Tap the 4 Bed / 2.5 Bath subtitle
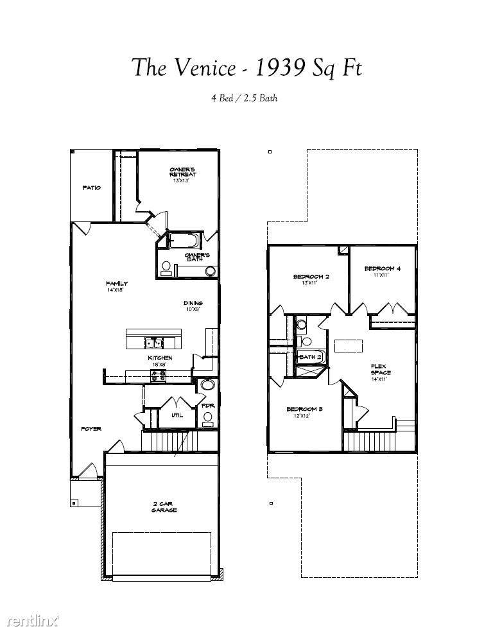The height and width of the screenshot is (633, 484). click(244, 98)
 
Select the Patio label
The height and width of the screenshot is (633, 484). click(91, 187)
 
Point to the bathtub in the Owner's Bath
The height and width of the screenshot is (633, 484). click(185, 241)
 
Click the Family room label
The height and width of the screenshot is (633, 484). click(116, 286)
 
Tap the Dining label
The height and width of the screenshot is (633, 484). click(193, 306)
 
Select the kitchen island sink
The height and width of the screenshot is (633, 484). click(154, 342)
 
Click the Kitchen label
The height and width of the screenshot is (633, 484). click(160, 360)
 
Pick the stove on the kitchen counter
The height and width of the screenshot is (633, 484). click(159, 376)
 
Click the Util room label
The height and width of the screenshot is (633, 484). click(177, 415)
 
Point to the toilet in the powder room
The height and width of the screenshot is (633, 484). click(207, 418)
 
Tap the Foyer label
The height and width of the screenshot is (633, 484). click(91, 429)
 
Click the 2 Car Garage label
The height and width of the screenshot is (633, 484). click(164, 507)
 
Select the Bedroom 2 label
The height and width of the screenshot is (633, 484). click(311, 279)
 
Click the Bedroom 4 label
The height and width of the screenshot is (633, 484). click(382, 271)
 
